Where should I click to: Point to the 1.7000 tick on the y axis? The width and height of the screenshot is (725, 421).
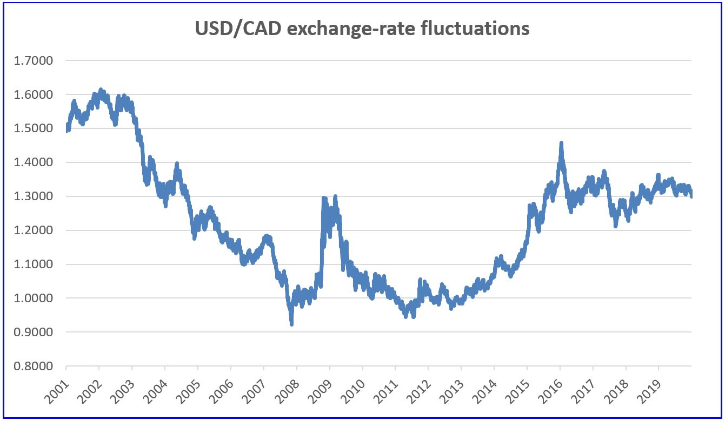[34, 60]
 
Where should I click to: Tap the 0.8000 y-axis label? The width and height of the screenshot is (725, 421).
[34, 366]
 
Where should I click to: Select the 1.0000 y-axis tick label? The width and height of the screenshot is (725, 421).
[34, 298]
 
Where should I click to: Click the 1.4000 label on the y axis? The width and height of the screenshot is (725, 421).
[34, 162]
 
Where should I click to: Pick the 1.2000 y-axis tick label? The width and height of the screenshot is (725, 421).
[34, 230]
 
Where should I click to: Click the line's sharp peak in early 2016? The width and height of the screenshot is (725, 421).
[561, 143]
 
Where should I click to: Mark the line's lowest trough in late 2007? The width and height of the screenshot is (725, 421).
[291, 324]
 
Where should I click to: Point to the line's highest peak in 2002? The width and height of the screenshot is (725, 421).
[101, 90]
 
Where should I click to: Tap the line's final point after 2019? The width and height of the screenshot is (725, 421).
[691, 196]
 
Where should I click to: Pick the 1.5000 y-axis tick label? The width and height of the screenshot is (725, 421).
[34, 128]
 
